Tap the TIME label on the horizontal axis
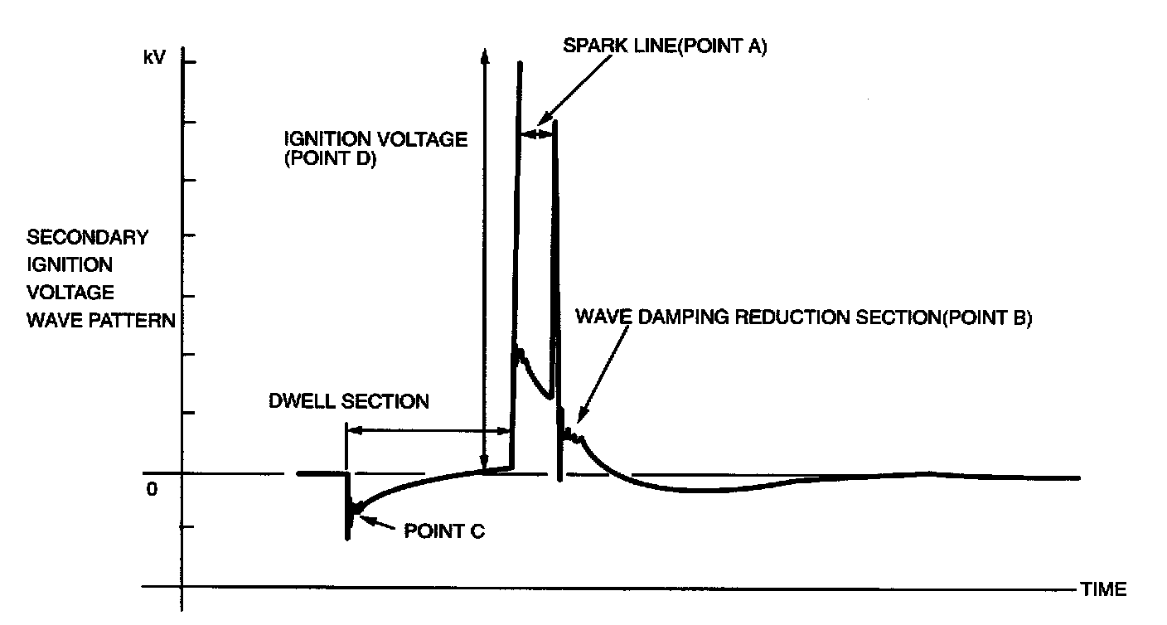pyautogui.click(x=1103, y=589)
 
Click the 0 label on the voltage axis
pyautogui.click(x=151, y=489)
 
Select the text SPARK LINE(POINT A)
pyautogui.click(x=665, y=46)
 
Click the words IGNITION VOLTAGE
pyautogui.click(x=375, y=139)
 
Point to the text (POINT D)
pyautogui.click(x=331, y=161)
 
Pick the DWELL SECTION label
pyautogui.click(x=349, y=402)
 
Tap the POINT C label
pyautogui.click(x=443, y=531)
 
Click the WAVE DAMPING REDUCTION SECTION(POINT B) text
pyautogui.click(x=803, y=318)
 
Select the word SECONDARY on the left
pyautogui.click(x=88, y=237)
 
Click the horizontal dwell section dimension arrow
pyautogui.click(x=428, y=430)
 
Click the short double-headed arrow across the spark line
pyautogui.click(x=537, y=132)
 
